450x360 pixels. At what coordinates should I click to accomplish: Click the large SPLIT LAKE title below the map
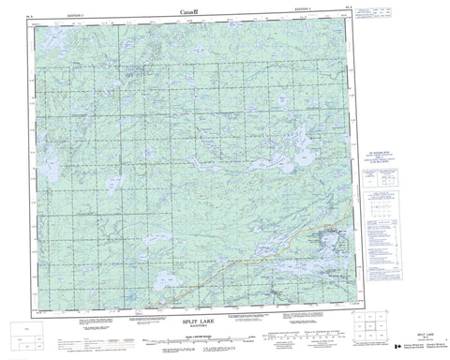tap(200, 321)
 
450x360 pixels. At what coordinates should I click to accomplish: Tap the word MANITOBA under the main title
tap(200, 326)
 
